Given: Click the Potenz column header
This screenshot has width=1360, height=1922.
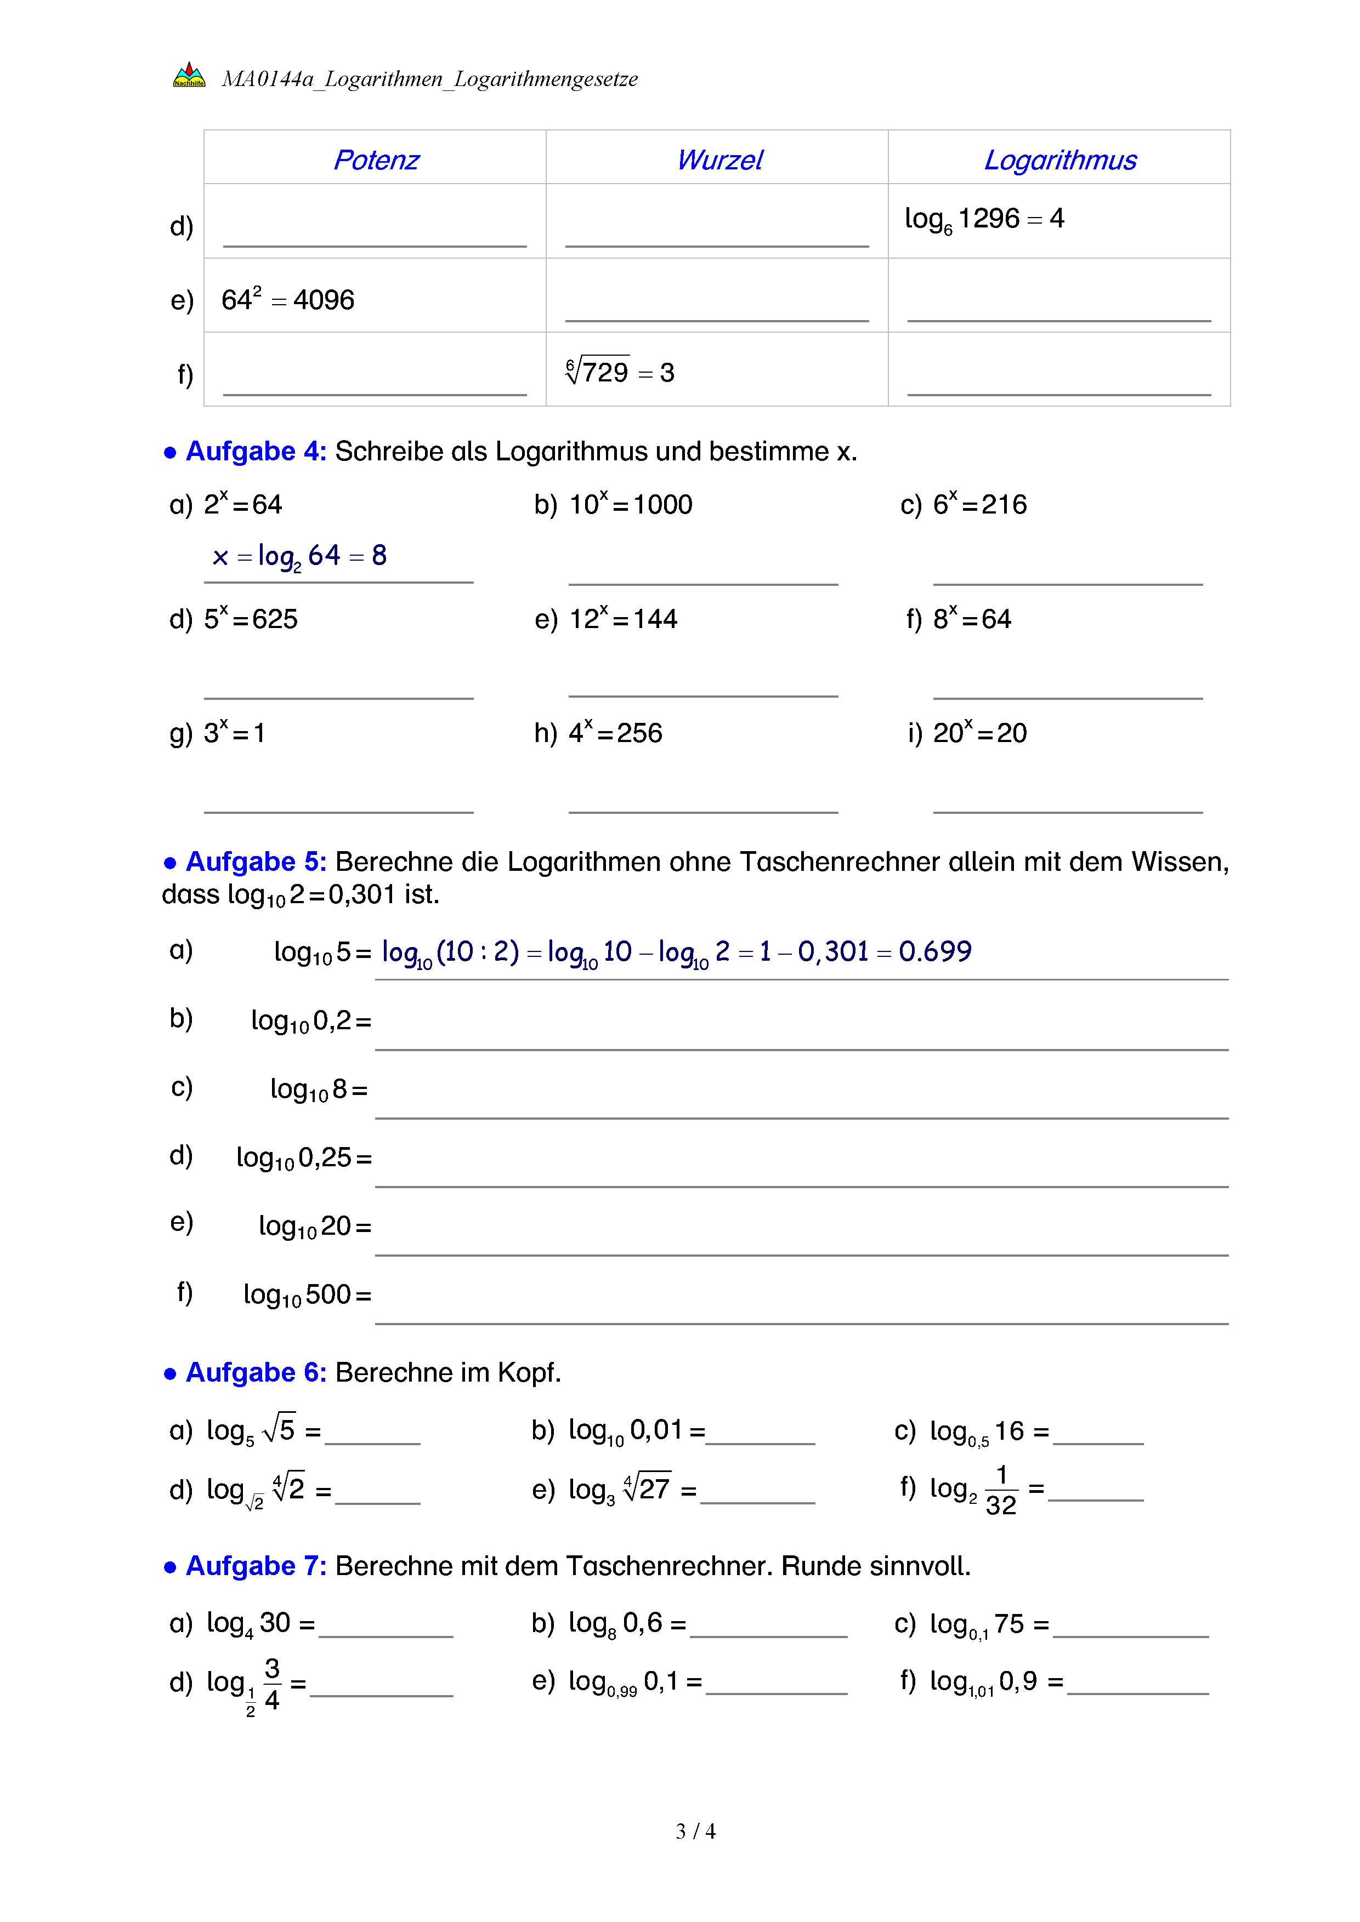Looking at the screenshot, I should point(376,160).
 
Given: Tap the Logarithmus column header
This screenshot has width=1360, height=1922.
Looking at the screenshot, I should point(1059,160).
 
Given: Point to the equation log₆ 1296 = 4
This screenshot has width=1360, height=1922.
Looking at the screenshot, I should point(984,219).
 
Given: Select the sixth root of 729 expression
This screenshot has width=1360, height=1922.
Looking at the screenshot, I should point(620,371).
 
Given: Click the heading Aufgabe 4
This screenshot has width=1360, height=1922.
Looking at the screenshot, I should point(254,451).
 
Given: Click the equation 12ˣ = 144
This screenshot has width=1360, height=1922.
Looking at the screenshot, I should point(623,619).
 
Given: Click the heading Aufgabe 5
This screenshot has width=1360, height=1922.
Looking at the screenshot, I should point(254,862).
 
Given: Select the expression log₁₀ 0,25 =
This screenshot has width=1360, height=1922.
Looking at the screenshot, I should point(303,1157).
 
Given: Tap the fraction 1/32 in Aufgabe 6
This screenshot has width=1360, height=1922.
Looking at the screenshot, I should point(1001,1490).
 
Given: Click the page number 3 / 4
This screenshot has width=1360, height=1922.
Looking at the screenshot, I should point(695,1831).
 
